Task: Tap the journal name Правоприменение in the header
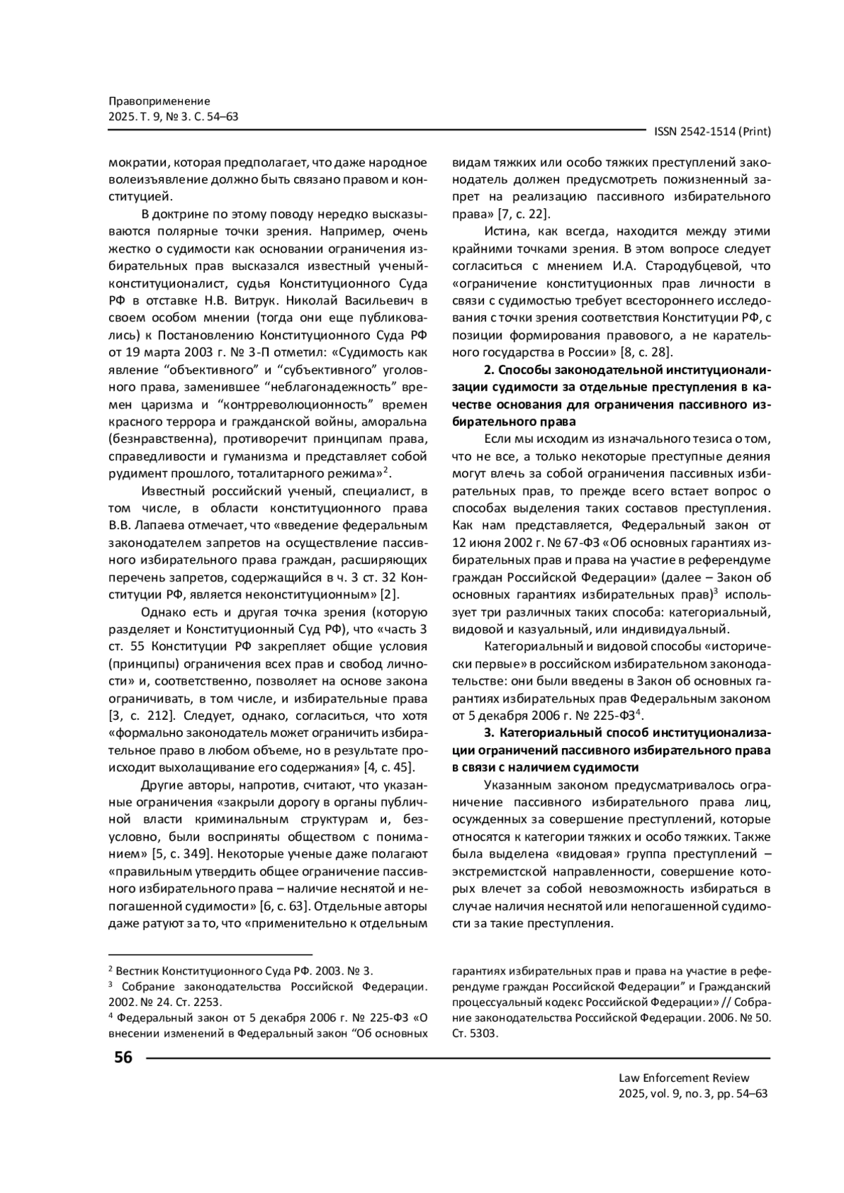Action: [x=160, y=101]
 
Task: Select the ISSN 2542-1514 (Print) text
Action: [x=712, y=131]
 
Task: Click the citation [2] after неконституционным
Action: [x=390, y=594]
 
